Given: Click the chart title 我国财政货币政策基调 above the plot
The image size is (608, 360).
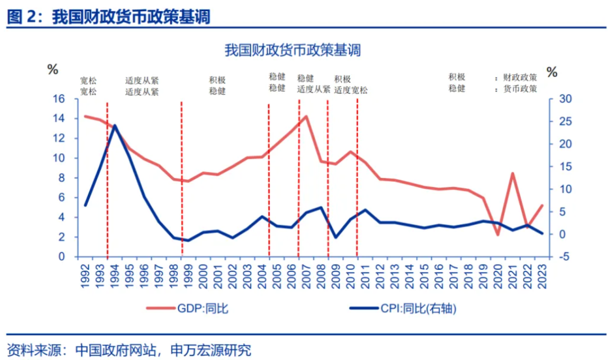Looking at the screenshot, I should (292, 50).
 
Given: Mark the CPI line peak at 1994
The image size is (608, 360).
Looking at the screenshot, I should (115, 126).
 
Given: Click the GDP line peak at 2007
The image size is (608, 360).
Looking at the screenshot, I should (306, 117).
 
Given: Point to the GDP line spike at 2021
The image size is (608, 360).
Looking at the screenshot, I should (513, 174).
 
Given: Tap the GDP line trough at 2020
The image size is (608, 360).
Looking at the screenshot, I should (498, 234).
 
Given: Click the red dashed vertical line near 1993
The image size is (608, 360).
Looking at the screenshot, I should (107, 180).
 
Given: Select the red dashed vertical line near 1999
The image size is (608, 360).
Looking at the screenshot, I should (181, 180).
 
